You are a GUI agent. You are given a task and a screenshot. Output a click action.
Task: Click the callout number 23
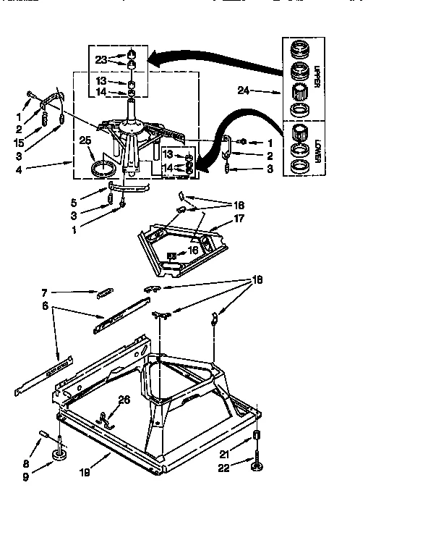100,59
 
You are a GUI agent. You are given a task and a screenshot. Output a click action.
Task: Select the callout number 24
244,91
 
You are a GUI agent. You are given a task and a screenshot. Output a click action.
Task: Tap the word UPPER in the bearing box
317,76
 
